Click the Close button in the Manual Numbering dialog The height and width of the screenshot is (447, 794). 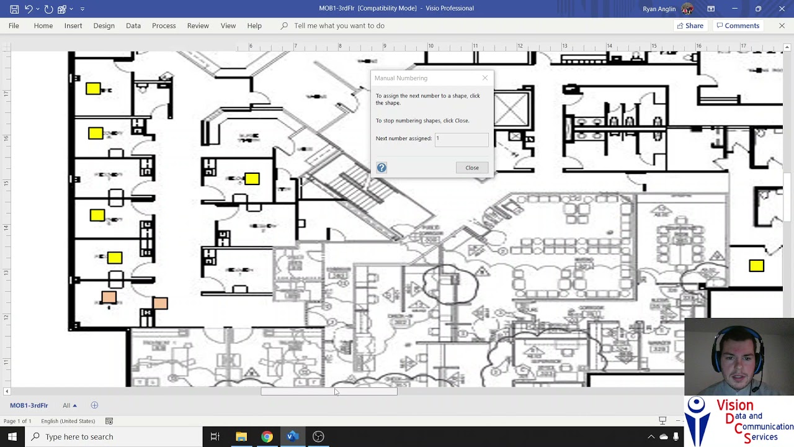click(x=472, y=168)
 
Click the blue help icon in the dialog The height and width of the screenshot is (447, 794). click(x=381, y=168)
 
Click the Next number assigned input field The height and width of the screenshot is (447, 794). click(x=462, y=138)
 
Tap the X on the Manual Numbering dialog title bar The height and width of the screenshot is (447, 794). click(x=485, y=78)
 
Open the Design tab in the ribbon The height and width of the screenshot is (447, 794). click(x=104, y=25)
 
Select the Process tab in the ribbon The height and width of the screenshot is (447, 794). click(x=164, y=25)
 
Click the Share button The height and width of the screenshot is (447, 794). click(x=690, y=25)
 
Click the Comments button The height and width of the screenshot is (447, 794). click(x=738, y=25)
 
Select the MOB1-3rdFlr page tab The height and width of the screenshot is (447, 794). click(x=29, y=405)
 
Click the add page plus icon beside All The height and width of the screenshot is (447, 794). click(x=94, y=405)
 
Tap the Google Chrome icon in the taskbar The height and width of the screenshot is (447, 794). click(x=267, y=436)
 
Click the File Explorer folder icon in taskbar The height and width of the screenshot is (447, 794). click(x=241, y=436)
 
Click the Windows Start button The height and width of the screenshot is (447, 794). click(x=12, y=436)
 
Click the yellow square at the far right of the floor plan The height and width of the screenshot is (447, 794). click(x=756, y=266)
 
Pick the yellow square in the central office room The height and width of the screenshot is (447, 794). click(x=252, y=179)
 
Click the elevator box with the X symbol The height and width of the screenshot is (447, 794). click(x=511, y=110)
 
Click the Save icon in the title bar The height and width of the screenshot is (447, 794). click(x=14, y=9)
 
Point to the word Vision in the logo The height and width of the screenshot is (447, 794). click(x=734, y=405)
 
